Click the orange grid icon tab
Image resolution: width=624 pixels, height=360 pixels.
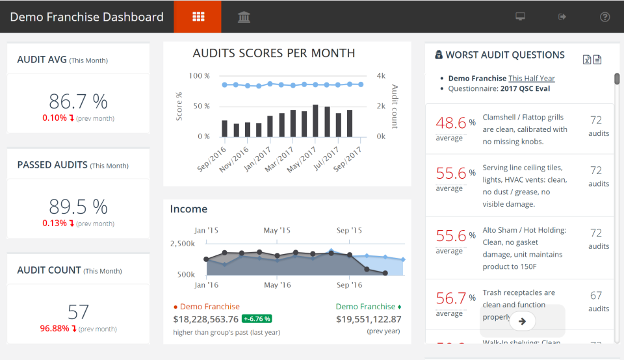pos(198,17)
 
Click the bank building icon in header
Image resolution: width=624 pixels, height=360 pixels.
pos(244,17)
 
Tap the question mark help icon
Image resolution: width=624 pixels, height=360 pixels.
pos(604,17)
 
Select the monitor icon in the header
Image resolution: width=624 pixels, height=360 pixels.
pos(520,17)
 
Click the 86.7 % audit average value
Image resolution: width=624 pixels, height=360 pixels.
pos(78,101)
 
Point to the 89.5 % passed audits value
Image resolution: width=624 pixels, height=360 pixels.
pos(78,207)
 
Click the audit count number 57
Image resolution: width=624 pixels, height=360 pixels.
pos(78,312)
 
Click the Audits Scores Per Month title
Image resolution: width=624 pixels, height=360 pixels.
pos(274,53)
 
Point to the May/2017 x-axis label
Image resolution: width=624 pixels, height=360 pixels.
pos(302,158)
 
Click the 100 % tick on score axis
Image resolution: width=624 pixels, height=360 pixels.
pos(200,76)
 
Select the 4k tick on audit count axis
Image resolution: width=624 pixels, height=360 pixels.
pos(381,76)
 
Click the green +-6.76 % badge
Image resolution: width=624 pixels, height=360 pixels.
pos(257,319)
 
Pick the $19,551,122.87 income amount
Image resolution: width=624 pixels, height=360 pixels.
pos(369,319)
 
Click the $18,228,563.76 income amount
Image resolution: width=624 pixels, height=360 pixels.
pos(205,319)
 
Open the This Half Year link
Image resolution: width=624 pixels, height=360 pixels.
pos(532,79)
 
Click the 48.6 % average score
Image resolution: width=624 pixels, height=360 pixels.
pos(451,123)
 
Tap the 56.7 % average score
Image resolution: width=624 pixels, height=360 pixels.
pos(451,298)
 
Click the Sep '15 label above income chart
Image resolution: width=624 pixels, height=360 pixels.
pos(349,231)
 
